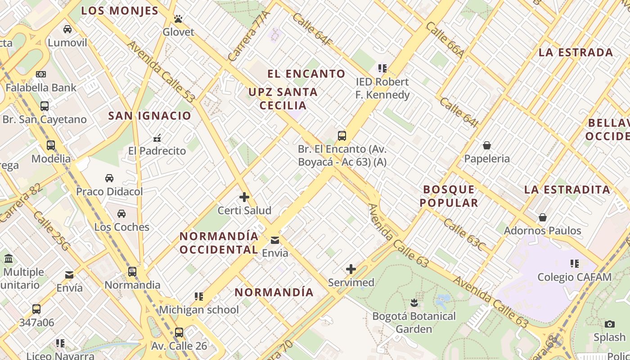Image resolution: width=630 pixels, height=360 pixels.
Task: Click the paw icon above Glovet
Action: pyautogui.click(x=178, y=19)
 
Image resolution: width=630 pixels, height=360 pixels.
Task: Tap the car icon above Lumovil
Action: pyautogui.click(x=67, y=29)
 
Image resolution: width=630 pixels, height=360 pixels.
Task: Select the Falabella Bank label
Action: pyautogui.click(x=41, y=87)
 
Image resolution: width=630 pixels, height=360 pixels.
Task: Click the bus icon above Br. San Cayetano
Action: pyautogui.click(x=45, y=106)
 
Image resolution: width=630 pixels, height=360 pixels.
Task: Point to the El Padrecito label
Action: pyautogui.click(x=157, y=151)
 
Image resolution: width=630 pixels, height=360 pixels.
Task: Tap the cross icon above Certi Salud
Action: pyautogui.click(x=244, y=197)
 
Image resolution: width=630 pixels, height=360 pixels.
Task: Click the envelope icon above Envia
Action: pyautogui.click(x=275, y=240)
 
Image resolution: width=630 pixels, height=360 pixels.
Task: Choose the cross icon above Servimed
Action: pyautogui.click(x=351, y=270)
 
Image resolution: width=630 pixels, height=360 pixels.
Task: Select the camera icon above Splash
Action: pyautogui.click(x=610, y=324)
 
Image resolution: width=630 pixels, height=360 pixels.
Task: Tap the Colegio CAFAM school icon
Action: pyautogui.click(x=574, y=264)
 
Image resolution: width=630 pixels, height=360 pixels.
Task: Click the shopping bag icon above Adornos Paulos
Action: pyautogui.click(x=543, y=217)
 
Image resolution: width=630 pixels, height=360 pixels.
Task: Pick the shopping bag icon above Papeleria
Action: pyautogui.click(x=486, y=145)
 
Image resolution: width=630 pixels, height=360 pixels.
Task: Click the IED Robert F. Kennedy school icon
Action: pyautogui.click(x=382, y=68)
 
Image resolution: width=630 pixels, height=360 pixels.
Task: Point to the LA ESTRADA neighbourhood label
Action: pyautogui.click(x=576, y=52)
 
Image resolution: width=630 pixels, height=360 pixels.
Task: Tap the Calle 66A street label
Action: pyautogui.click(x=445, y=40)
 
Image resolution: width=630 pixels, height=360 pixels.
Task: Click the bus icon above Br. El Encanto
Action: pyautogui.click(x=342, y=135)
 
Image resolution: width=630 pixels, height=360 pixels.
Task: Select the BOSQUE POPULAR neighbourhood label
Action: pyautogui.click(x=449, y=196)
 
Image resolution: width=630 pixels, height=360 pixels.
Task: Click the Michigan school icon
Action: pyautogui.click(x=199, y=297)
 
